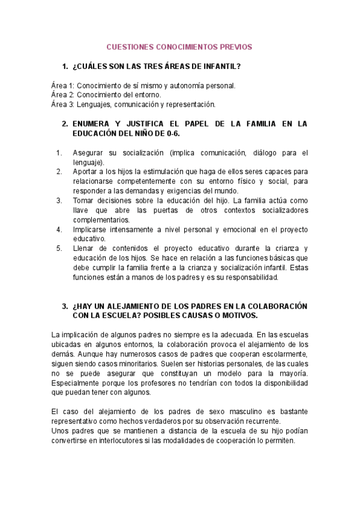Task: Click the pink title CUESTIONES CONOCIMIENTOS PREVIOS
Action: pyautogui.click(x=179, y=46)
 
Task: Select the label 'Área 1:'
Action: pyautogui.click(x=62, y=86)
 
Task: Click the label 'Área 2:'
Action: pyautogui.click(x=62, y=95)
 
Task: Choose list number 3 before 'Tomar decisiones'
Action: pyautogui.click(x=59, y=200)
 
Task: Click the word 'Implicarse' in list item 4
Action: pyautogui.click(x=89, y=229)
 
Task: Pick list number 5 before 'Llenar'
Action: pyautogui.click(x=59, y=248)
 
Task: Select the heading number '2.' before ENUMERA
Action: pyautogui.click(x=65, y=124)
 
